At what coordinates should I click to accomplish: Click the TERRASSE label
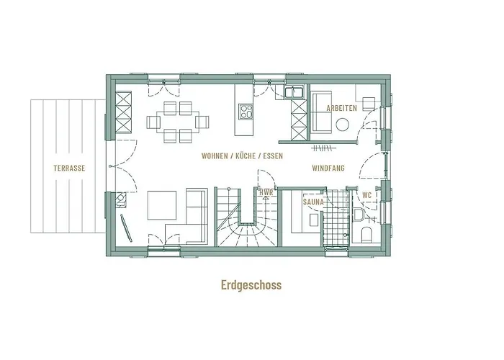(70, 168)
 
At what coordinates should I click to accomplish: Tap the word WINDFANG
(328, 168)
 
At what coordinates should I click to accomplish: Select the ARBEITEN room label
(342, 108)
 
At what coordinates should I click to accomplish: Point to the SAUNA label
(312, 202)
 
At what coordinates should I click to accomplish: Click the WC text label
(366, 195)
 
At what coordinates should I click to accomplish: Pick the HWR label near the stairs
(265, 193)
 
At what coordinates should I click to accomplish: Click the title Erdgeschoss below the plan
(251, 284)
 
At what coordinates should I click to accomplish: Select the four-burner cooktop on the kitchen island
(246, 112)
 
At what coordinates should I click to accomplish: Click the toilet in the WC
(365, 233)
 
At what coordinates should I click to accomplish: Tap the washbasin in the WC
(359, 214)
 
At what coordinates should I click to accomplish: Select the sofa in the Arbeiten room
(320, 112)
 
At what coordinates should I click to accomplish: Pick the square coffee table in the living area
(162, 205)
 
